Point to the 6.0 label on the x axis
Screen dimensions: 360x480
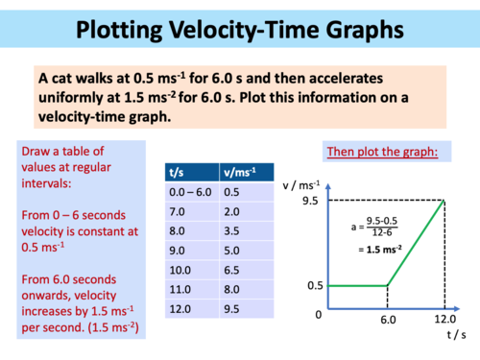(388, 320)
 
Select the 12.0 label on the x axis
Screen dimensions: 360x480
(444, 320)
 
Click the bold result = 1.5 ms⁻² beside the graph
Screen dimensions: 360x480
(381, 249)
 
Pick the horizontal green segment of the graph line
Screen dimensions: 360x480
(357, 284)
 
